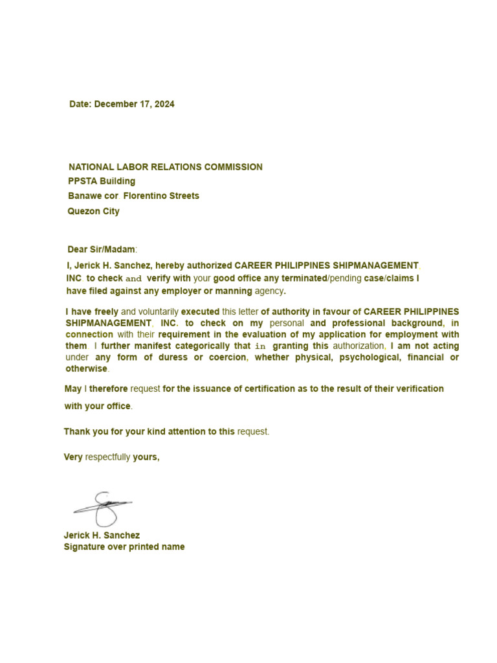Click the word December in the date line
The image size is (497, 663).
(116, 104)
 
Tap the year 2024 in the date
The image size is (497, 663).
(164, 104)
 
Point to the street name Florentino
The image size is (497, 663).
(146, 196)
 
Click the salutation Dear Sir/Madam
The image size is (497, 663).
(102, 249)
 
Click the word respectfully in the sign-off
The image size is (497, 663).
(107, 457)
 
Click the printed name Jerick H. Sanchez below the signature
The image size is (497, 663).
(102, 535)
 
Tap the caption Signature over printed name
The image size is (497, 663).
(124, 547)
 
